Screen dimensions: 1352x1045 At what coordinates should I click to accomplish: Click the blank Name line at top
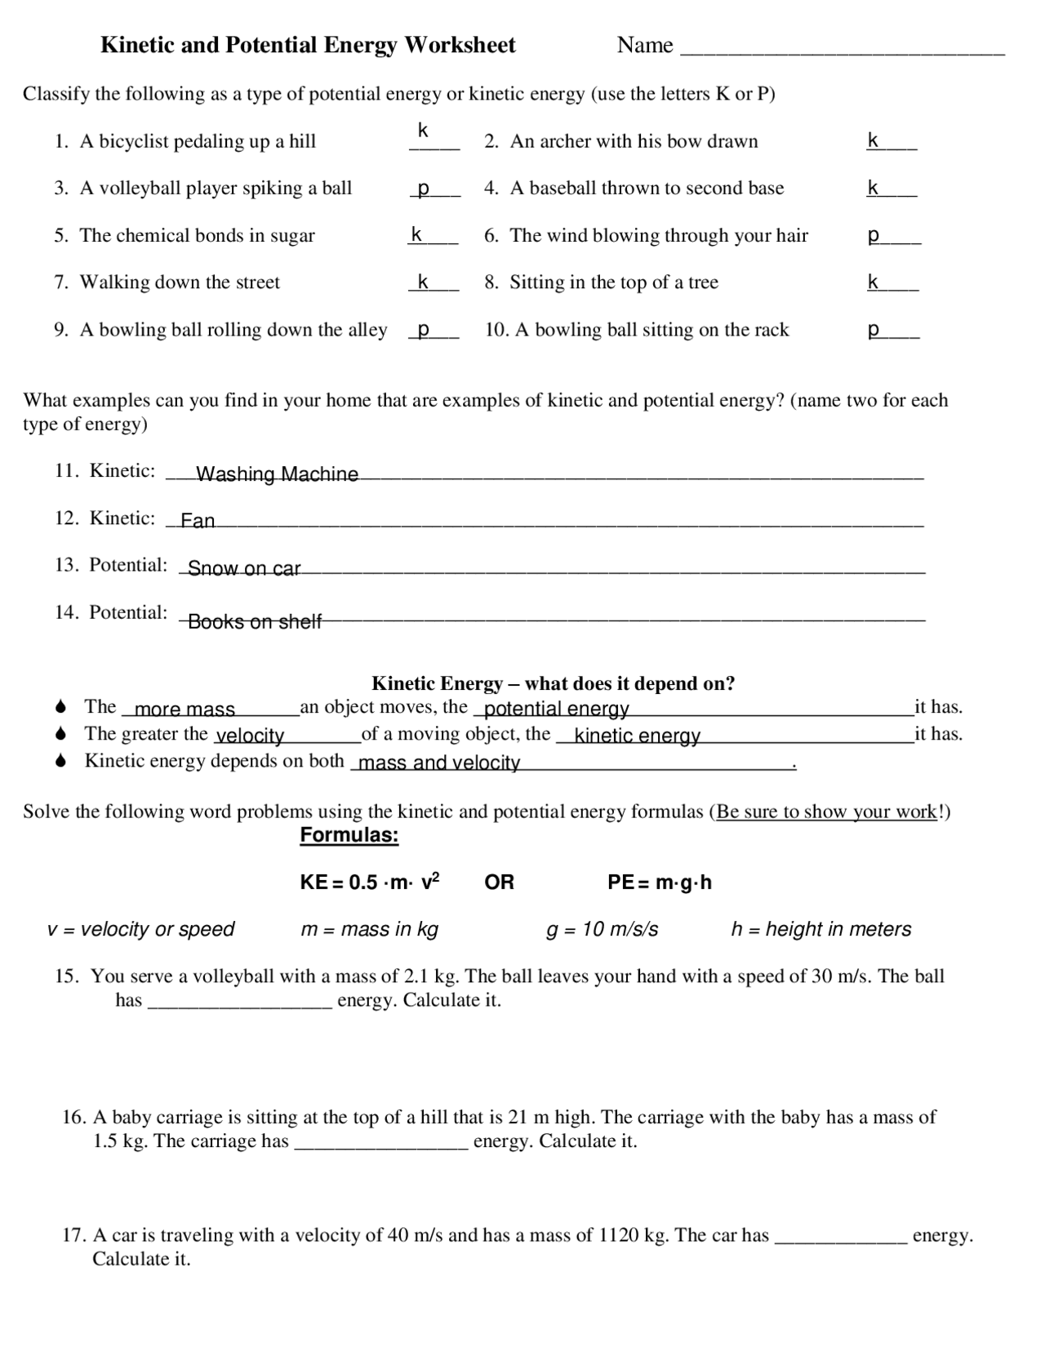click(x=842, y=51)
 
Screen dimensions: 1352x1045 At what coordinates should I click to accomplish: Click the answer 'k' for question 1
click(x=423, y=131)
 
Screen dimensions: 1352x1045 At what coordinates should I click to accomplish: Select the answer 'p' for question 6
click(x=874, y=237)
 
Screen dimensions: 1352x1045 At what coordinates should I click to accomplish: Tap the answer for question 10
click(x=874, y=331)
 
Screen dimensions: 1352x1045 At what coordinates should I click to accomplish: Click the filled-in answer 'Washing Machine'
click(x=277, y=474)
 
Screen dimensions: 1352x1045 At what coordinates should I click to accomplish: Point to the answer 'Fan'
click(x=198, y=521)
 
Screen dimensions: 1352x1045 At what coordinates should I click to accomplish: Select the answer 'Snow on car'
click(x=244, y=568)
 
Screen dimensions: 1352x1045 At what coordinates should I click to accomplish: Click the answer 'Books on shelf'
click(x=255, y=621)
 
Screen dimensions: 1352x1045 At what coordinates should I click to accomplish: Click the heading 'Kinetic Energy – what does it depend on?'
click(x=553, y=683)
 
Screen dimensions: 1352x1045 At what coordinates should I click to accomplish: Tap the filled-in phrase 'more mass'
click(x=185, y=709)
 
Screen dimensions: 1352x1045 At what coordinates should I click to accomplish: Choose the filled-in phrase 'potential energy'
click(x=557, y=709)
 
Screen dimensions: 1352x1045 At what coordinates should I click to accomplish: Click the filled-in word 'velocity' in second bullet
click(x=250, y=736)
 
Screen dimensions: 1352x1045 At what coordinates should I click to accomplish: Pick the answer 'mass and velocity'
click(x=439, y=763)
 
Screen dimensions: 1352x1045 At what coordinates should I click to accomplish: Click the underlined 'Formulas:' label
click(x=349, y=835)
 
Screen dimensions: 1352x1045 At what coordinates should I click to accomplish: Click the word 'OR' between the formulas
click(x=499, y=883)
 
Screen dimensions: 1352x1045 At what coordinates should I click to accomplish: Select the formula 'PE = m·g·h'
click(x=660, y=883)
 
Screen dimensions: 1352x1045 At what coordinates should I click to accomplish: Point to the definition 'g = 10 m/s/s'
click(x=602, y=929)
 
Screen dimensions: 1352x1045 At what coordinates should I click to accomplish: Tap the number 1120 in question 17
click(x=619, y=1235)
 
